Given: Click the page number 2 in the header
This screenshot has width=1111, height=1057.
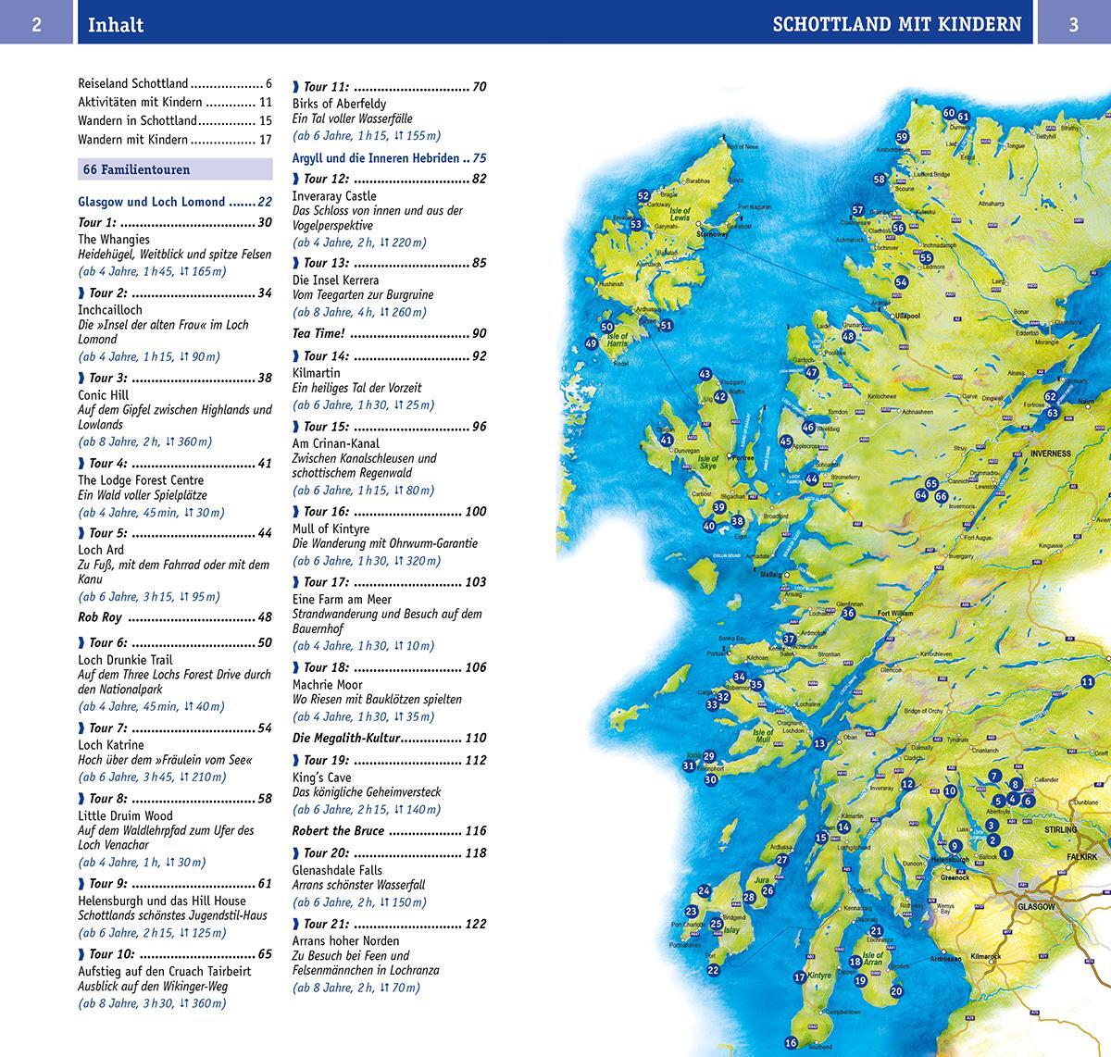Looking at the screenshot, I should click(x=36, y=24).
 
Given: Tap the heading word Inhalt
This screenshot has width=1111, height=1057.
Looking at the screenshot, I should click(x=116, y=25).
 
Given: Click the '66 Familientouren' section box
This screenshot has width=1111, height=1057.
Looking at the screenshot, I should click(x=175, y=169).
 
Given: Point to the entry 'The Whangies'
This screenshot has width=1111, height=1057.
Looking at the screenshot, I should click(x=113, y=239).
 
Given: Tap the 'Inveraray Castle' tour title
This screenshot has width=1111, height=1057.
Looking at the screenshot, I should click(x=334, y=196).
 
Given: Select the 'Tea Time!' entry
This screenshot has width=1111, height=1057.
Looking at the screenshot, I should click(x=318, y=333).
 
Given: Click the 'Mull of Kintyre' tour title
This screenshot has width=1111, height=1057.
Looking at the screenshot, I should click(x=331, y=528).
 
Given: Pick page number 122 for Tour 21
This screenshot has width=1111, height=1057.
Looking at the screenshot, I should click(x=475, y=924).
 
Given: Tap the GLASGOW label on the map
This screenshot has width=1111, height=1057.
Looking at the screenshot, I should click(x=1035, y=907).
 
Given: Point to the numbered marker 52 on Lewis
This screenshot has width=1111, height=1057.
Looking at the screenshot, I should click(x=643, y=196).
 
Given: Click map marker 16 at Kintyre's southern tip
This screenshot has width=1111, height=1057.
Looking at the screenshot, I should click(x=791, y=1043).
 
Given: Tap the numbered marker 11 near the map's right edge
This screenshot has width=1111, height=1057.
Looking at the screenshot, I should click(x=1087, y=682).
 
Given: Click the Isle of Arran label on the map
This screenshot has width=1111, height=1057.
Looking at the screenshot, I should click(x=873, y=959).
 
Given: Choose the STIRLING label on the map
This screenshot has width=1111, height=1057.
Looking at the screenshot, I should click(x=1061, y=830).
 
